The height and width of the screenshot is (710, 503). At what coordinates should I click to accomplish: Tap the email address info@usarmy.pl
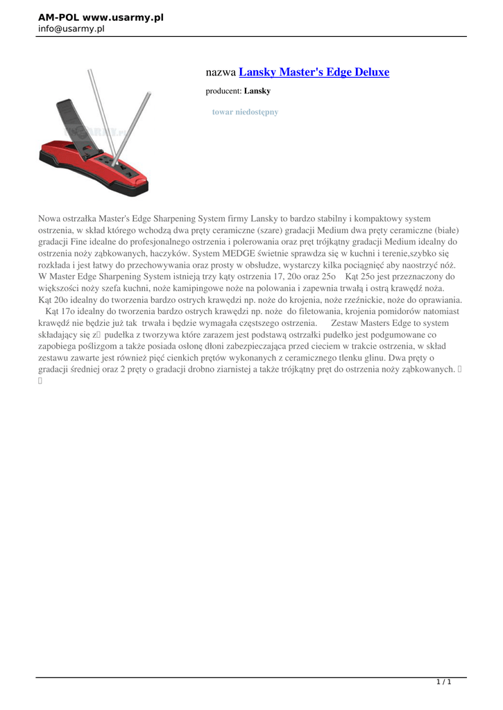pyautogui.click(x=71, y=29)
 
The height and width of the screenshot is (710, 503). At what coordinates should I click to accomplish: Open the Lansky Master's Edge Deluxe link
pyautogui.click(x=314, y=72)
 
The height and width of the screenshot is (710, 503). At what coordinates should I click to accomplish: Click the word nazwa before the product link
pyautogui.click(x=221, y=72)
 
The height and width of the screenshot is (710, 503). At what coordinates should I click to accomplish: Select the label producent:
pyautogui.click(x=223, y=91)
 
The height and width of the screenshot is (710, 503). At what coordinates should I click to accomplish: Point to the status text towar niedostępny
pyautogui.click(x=245, y=112)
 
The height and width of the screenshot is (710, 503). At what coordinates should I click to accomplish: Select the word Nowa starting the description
pyautogui.click(x=50, y=218)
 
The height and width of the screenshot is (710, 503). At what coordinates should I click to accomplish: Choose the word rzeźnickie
pyautogui.click(x=331, y=300)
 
